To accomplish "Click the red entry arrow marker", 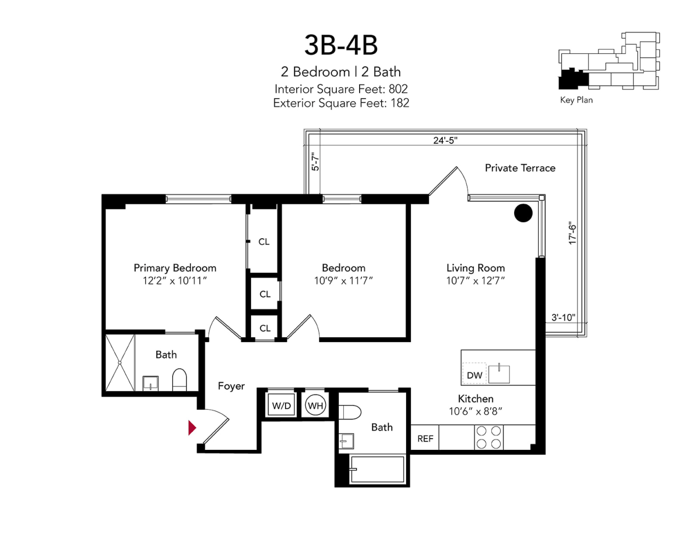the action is (x=192, y=427).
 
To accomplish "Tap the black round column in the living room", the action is (x=523, y=213).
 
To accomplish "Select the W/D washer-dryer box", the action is (x=281, y=406).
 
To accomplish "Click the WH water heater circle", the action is (x=315, y=406).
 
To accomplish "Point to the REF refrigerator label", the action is (x=425, y=439).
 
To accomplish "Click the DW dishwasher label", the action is (x=474, y=375).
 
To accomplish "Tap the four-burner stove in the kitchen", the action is (x=489, y=438).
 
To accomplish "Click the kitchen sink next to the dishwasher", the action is (x=499, y=374).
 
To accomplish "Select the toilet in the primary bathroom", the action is (x=179, y=379).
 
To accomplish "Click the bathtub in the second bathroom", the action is (x=377, y=470).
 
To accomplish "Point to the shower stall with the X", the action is (x=120, y=362).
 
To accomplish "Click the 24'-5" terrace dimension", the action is (x=445, y=140).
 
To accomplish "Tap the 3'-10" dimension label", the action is (x=563, y=317).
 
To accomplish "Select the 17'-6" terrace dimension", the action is (x=572, y=233).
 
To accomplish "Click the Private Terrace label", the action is (x=520, y=168).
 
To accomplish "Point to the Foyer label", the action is (x=231, y=386).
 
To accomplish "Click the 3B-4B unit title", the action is (x=341, y=45).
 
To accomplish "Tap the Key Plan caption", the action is (x=576, y=100).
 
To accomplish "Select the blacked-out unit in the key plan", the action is (x=573, y=79).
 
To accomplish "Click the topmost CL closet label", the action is (x=264, y=242).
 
